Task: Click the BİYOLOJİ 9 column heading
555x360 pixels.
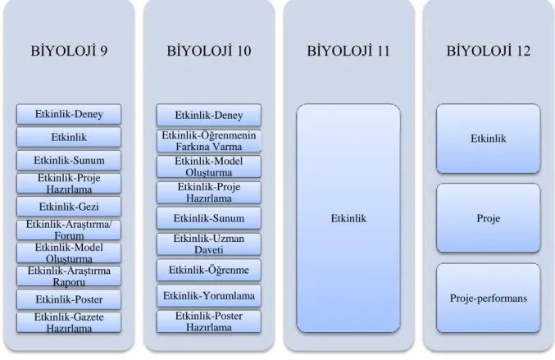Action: [x=69, y=51]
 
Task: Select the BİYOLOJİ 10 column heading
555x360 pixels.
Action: [x=209, y=51]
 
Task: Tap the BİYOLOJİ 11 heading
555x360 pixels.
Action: [x=348, y=51]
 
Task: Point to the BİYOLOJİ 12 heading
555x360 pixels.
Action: [x=489, y=51]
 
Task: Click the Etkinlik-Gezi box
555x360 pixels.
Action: [x=69, y=207]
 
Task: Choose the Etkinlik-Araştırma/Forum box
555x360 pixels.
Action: [x=69, y=230]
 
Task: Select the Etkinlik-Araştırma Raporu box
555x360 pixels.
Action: [x=69, y=276]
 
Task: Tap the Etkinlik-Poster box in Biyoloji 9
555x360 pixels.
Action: [x=69, y=299]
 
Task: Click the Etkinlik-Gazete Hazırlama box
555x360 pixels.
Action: [x=69, y=322]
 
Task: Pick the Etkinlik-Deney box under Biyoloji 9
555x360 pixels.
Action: [x=69, y=114]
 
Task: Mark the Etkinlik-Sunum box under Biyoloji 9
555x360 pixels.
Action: [x=69, y=161]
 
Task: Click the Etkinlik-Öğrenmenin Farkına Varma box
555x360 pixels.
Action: [x=209, y=141]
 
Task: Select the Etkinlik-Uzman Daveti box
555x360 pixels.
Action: [x=209, y=244]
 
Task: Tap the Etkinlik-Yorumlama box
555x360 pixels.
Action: [x=209, y=295]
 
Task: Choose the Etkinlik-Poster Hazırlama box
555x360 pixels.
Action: [x=209, y=321]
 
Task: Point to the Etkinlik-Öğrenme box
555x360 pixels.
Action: [x=209, y=270]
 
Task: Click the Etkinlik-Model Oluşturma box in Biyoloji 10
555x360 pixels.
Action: [x=209, y=166]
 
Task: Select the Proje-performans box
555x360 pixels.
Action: [x=489, y=298]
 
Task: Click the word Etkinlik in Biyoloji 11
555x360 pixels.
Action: [x=348, y=218]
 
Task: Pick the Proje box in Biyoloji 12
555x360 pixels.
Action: [x=489, y=218]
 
